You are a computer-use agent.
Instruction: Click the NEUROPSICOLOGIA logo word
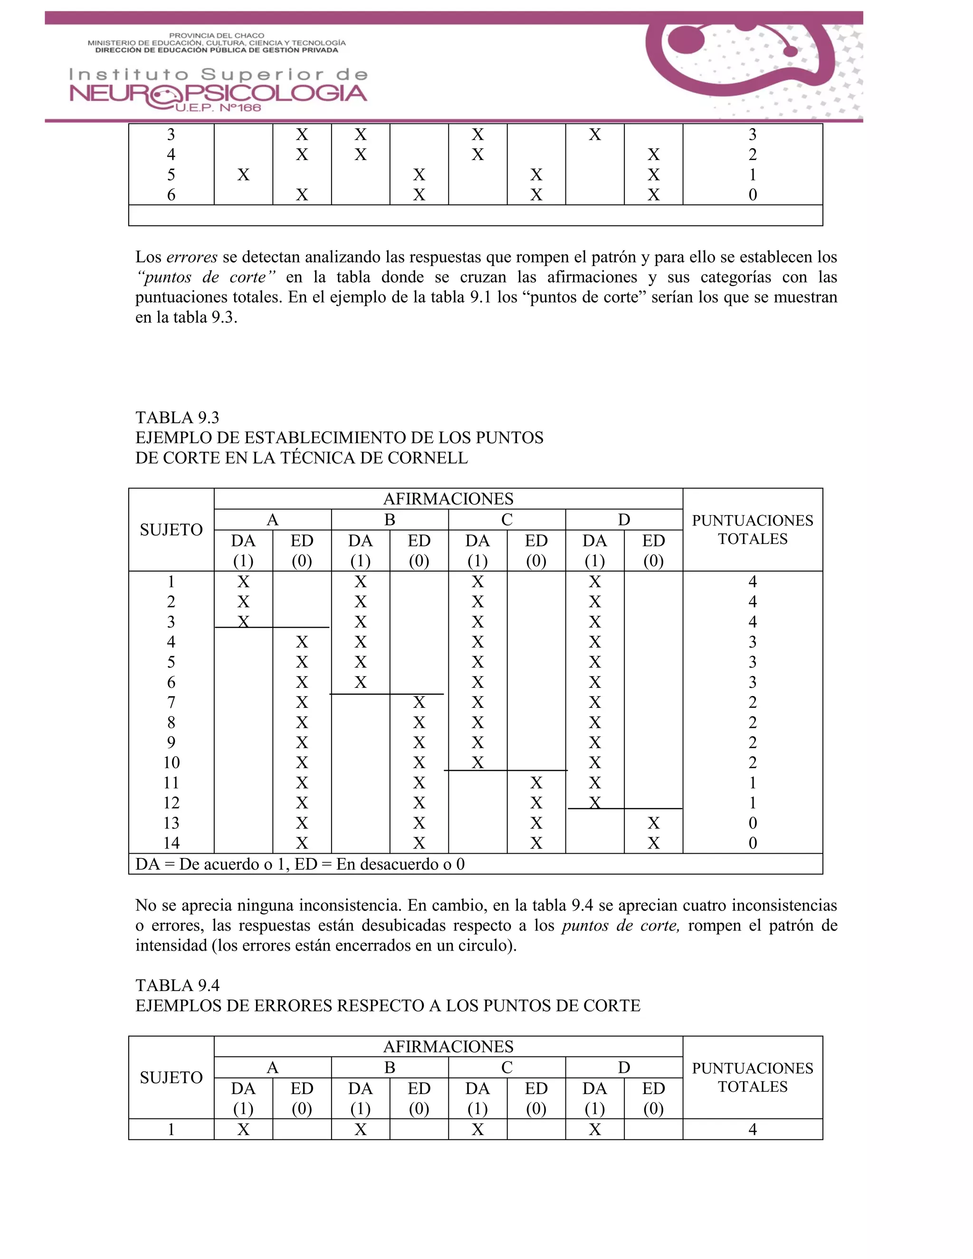pos(218,93)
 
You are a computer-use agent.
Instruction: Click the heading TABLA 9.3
pos(177,417)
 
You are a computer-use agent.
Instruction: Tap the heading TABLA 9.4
pos(177,985)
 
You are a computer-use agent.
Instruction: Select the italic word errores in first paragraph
pos(191,257)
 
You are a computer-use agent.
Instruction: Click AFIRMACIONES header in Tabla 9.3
pos(448,499)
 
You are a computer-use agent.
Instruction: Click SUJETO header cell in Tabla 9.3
pos(171,530)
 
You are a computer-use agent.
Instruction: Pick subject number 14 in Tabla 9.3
pos(171,843)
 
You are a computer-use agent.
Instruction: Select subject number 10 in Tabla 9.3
pos(171,763)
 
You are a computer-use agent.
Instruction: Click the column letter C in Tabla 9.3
pos(506,520)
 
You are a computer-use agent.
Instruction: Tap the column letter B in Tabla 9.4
pos(390,1068)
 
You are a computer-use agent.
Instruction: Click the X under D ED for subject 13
pos(653,823)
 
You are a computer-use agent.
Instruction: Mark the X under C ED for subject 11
pos(536,783)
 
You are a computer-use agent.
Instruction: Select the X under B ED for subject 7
pos(419,702)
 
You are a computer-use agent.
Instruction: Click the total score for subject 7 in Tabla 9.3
pos(752,702)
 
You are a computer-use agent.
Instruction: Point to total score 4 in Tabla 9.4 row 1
pos(752,1129)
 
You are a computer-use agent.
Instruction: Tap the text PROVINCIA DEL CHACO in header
pos(217,36)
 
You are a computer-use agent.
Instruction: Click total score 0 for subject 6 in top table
pos(752,195)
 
